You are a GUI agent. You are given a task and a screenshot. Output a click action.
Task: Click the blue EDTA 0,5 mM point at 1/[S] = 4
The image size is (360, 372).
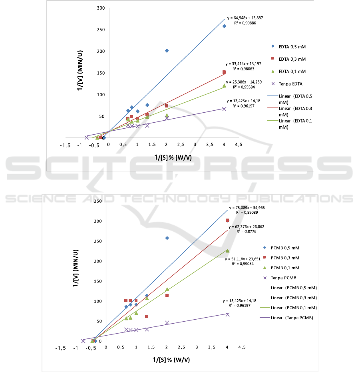click(224, 26)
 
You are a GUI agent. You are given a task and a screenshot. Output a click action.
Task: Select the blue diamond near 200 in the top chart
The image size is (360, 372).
click(167, 51)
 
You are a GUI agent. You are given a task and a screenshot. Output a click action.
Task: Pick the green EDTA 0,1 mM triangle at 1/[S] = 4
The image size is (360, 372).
click(224, 86)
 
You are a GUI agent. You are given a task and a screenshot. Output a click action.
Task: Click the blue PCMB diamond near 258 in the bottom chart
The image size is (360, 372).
click(167, 238)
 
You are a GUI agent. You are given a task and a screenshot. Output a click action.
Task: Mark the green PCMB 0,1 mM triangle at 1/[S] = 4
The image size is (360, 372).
click(227, 251)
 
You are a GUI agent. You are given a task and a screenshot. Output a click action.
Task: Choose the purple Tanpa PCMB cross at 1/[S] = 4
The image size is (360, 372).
click(227, 314)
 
